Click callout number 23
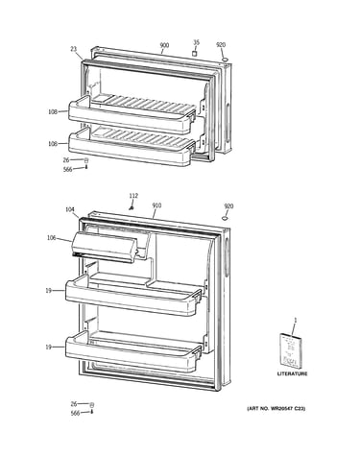pyautogui.click(x=74, y=49)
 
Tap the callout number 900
pyautogui.click(x=164, y=45)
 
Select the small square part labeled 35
pyautogui.click(x=195, y=53)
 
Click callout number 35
pyautogui.click(x=196, y=42)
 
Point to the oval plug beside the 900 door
pyautogui.click(x=226, y=60)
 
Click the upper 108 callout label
pyautogui.click(x=53, y=112)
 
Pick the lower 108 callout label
pyautogui.click(x=53, y=144)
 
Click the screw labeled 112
pyautogui.click(x=131, y=208)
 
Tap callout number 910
pyautogui.click(x=156, y=205)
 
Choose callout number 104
pyautogui.click(x=70, y=209)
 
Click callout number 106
pyautogui.click(x=51, y=238)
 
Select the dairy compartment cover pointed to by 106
pyautogui.click(x=105, y=247)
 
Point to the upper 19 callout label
pyautogui.click(x=48, y=291)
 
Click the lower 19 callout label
pyautogui.click(x=48, y=347)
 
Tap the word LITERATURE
pyautogui.click(x=292, y=373)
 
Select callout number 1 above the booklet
pyautogui.click(x=296, y=320)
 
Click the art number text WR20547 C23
pyautogui.click(x=284, y=409)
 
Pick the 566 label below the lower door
pyautogui.click(x=75, y=414)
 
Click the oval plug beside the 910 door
pyautogui.click(x=226, y=218)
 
